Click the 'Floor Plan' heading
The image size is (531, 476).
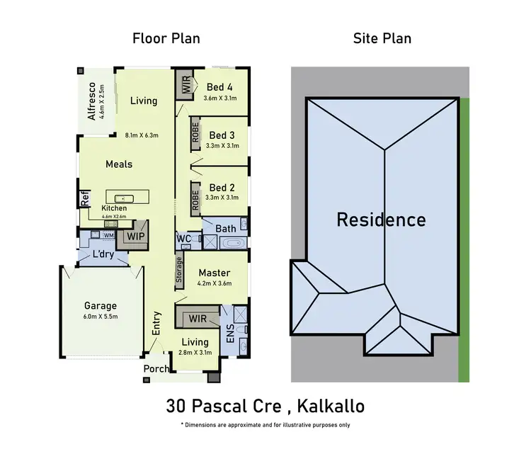coord(166,38)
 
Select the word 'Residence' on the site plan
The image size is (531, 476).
coord(381,220)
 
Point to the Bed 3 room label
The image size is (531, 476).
coord(222,135)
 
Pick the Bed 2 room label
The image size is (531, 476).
coord(222,188)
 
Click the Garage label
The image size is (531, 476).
coord(101,307)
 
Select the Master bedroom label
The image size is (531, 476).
coord(214,273)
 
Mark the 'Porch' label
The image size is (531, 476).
coord(156,369)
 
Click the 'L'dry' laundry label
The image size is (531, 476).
coord(103,254)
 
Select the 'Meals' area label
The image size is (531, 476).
coord(119,164)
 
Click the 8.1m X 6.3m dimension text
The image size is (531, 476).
coord(142,135)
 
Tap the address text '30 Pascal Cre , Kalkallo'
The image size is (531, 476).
coord(265,407)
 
